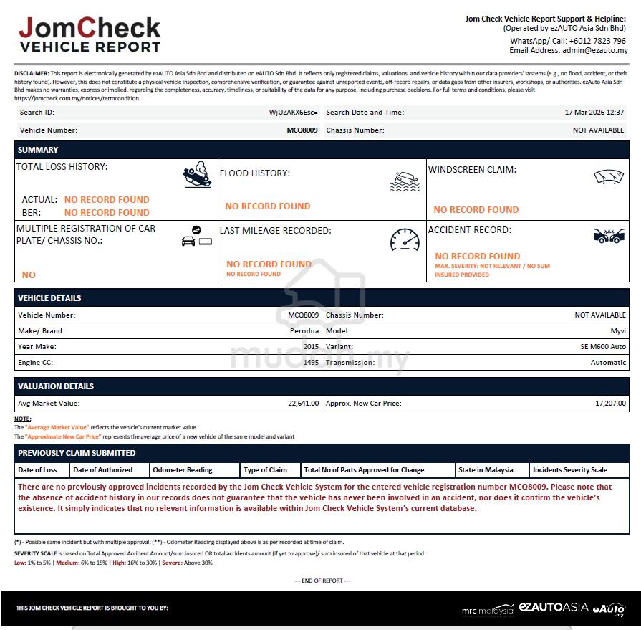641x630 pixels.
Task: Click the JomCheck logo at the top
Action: coord(90,35)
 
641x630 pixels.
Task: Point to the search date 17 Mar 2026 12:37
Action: coord(594,113)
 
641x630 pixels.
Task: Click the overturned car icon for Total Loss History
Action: coord(197,175)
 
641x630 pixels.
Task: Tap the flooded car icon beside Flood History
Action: coord(405,181)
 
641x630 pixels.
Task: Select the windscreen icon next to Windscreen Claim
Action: coord(609,177)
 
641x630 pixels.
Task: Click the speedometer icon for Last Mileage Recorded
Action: coord(405,239)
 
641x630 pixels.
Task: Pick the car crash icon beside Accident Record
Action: coord(609,235)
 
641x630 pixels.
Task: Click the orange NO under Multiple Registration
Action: coord(29,275)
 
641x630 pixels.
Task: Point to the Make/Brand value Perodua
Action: coord(304,331)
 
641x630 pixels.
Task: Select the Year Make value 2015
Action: coord(311,347)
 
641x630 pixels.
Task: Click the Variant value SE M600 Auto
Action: coord(603,347)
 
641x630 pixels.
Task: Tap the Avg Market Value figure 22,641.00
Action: coord(303,404)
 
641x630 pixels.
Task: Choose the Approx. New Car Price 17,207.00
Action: coord(610,404)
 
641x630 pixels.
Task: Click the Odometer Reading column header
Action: coord(183,470)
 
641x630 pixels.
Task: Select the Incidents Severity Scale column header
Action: coord(570,470)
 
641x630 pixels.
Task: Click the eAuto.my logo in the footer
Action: coord(609,609)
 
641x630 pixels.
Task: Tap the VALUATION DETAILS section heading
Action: coord(56,386)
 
